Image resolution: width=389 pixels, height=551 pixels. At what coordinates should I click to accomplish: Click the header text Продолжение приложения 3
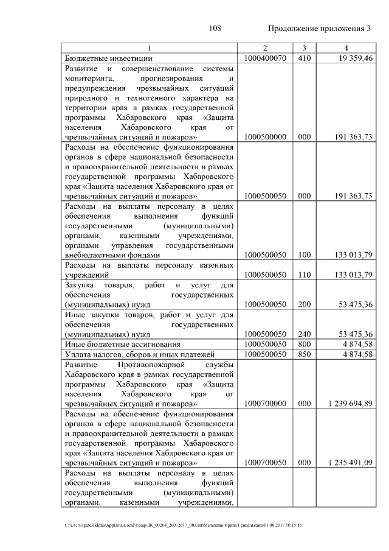(x=319, y=29)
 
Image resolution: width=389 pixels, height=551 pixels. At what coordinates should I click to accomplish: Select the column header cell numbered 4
(x=345, y=48)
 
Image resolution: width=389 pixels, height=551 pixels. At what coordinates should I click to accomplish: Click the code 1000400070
(x=264, y=58)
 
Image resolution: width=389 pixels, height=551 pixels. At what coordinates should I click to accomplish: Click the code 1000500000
(x=264, y=138)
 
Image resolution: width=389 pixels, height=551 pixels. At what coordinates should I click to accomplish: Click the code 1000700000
(x=264, y=404)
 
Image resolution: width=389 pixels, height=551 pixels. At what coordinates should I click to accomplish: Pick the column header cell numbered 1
(x=150, y=48)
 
